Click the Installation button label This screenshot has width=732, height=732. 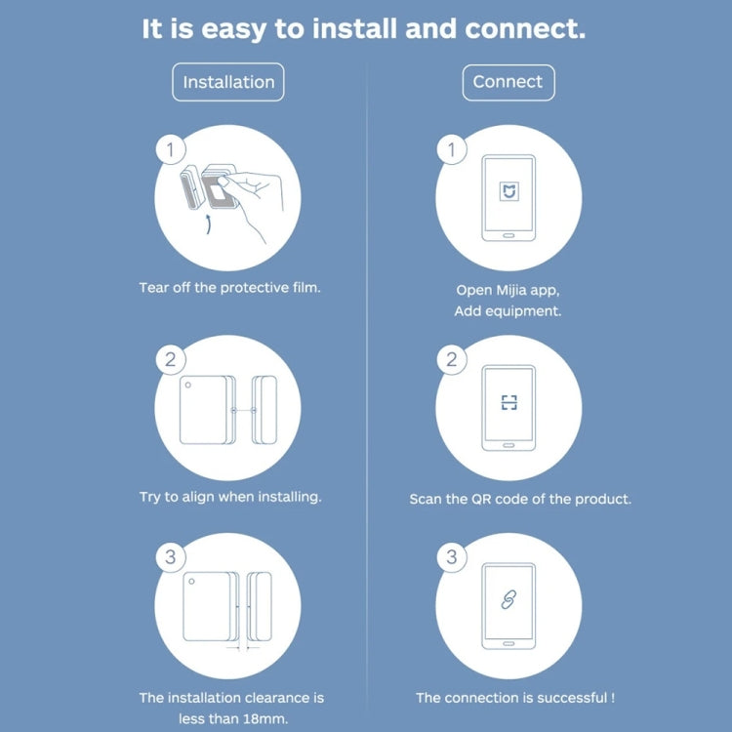click(228, 82)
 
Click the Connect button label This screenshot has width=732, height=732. click(508, 82)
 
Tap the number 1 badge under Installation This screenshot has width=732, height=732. click(171, 150)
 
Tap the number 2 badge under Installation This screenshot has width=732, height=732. click(171, 359)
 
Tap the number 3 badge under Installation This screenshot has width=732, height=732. click(171, 557)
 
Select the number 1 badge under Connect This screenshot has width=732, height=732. click(451, 150)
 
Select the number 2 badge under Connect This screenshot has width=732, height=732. click(451, 359)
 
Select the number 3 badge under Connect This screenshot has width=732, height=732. click(451, 557)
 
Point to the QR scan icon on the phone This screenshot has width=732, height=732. click(508, 402)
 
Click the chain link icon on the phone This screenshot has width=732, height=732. click(508, 600)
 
